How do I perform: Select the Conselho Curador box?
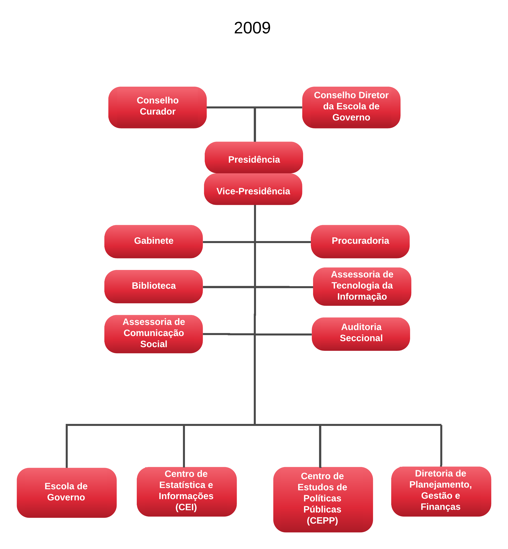157,107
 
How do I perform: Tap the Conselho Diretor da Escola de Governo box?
351,107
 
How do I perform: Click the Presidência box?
254,158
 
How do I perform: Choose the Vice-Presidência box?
253,189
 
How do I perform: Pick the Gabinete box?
153,242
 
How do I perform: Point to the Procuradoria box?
360,242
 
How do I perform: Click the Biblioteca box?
153,286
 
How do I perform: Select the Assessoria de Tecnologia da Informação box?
362,286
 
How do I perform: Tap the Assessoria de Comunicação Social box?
153,334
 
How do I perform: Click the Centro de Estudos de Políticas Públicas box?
323,499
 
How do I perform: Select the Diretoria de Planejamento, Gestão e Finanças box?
441,491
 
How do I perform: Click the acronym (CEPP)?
322,520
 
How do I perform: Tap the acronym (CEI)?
186,507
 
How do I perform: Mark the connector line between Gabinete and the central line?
228,242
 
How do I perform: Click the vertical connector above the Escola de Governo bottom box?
67,446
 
